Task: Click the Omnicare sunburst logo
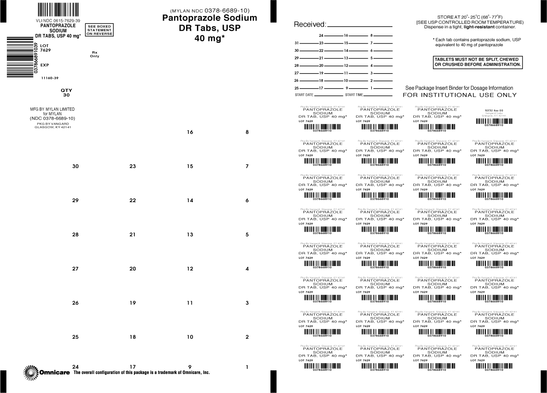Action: tap(30, 372)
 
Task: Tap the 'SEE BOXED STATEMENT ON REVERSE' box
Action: tap(99, 30)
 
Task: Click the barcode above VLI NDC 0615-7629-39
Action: tap(59, 9)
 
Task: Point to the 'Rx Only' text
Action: tap(95, 54)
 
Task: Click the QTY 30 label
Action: tap(66, 93)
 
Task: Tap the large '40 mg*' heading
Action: tap(210, 39)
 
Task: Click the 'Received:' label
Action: tap(310, 25)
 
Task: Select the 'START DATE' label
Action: tap(304, 95)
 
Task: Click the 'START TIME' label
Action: tap(354, 95)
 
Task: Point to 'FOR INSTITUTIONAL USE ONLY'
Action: tap(460, 95)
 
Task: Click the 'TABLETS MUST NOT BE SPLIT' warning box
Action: tap(477, 62)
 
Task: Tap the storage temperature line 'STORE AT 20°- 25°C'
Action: tap(469, 17)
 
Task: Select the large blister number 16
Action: tap(190, 132)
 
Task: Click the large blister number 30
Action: tap(75, 166)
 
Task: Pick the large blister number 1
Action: tap(247, 367)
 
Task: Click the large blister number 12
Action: tap(190, 269)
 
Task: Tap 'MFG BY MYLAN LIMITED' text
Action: tap(53, 109)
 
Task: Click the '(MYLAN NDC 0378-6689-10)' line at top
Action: tap(210, 11)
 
